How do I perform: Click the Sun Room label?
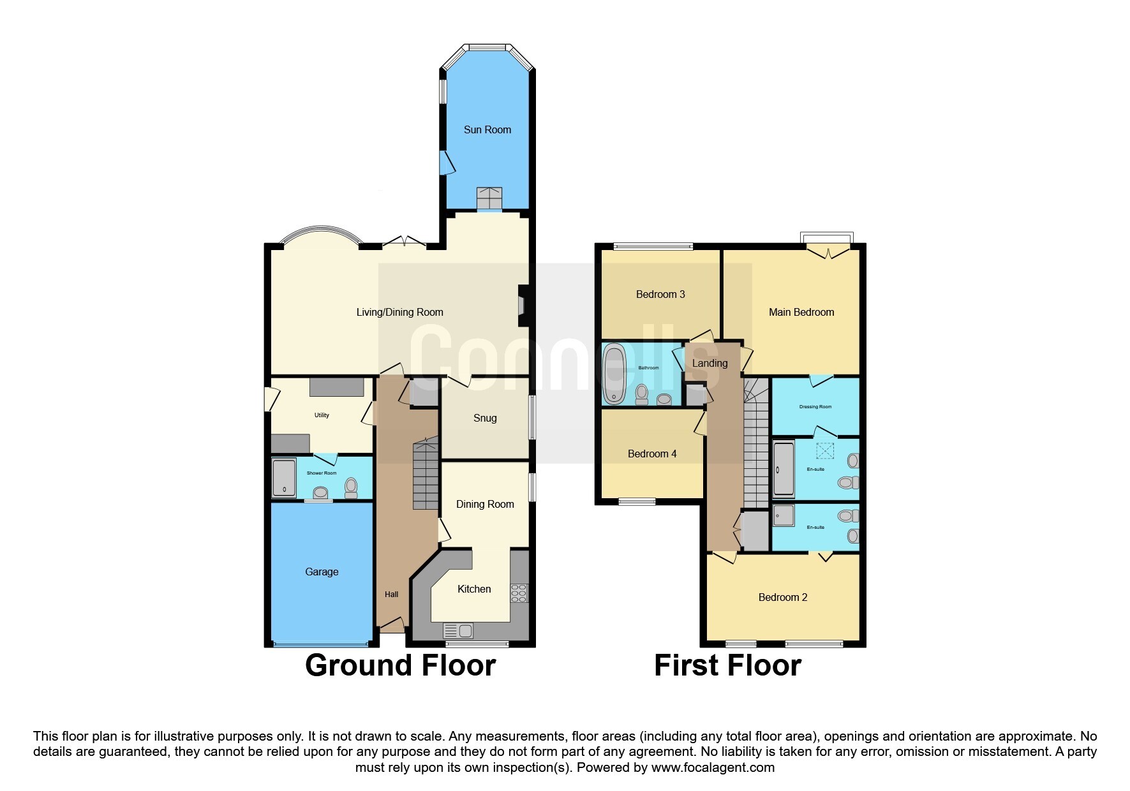click(487, 129)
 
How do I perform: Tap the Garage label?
click(322, 572)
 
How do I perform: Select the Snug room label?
click(485, 418)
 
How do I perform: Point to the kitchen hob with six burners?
click(519, 593)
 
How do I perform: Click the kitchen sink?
click(458, 631)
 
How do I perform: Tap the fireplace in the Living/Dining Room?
click(521, 305)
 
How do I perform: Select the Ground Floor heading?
click(400, 665)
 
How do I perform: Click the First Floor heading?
click(727, 665)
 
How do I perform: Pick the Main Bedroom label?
click(801, 312)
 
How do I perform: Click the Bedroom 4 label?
click(652, 454)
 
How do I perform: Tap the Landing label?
click(710, 363)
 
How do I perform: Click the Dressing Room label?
click(815, 406)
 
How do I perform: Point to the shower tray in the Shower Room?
click(284, 477)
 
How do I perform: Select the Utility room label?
click(322, 415)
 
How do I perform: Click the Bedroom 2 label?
click(783, 597)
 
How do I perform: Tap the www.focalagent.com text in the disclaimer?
click(713, 767)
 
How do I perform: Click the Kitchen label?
click(474, 589)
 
